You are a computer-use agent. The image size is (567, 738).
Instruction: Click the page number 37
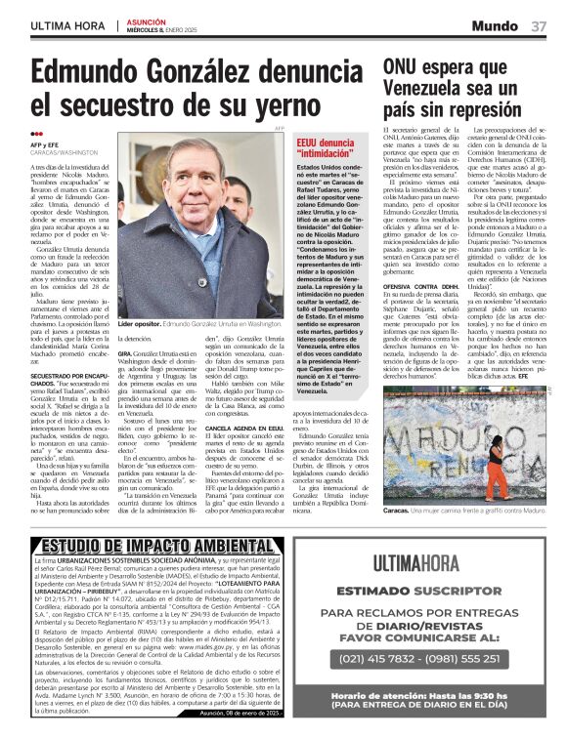pos(539,26)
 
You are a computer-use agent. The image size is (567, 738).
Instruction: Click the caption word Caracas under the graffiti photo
pos(395,511)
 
